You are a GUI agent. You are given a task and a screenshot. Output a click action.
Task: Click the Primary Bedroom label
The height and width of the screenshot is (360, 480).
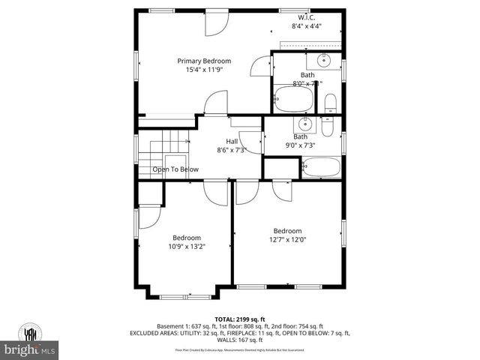coord(204,61)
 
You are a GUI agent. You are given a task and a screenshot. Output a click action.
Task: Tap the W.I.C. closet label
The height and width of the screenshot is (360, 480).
coord(305,16)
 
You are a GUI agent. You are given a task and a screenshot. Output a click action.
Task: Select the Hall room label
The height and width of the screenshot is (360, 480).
coord(232,141)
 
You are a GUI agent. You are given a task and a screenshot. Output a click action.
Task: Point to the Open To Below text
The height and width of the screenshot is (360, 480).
coord(175,169)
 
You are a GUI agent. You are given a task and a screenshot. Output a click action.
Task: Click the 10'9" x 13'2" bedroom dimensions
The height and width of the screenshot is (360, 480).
coord(187,245)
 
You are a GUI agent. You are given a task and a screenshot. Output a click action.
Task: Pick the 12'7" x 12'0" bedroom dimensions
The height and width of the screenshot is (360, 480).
coord(287,239)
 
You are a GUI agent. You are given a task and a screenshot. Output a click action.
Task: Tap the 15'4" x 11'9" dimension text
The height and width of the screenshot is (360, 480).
coord(204,70)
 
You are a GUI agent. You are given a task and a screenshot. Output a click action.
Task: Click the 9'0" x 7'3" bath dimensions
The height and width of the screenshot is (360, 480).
coord(300,145)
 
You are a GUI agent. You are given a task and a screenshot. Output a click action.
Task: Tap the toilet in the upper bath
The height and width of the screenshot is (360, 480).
coord(330,103)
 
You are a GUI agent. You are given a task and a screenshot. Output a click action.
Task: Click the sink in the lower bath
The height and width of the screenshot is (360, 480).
coord(305,124)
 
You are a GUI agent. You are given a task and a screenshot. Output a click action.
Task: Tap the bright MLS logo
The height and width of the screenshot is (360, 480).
coord(30,350)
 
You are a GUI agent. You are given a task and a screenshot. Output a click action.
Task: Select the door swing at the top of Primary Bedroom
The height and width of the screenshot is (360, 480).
coord(214,23)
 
